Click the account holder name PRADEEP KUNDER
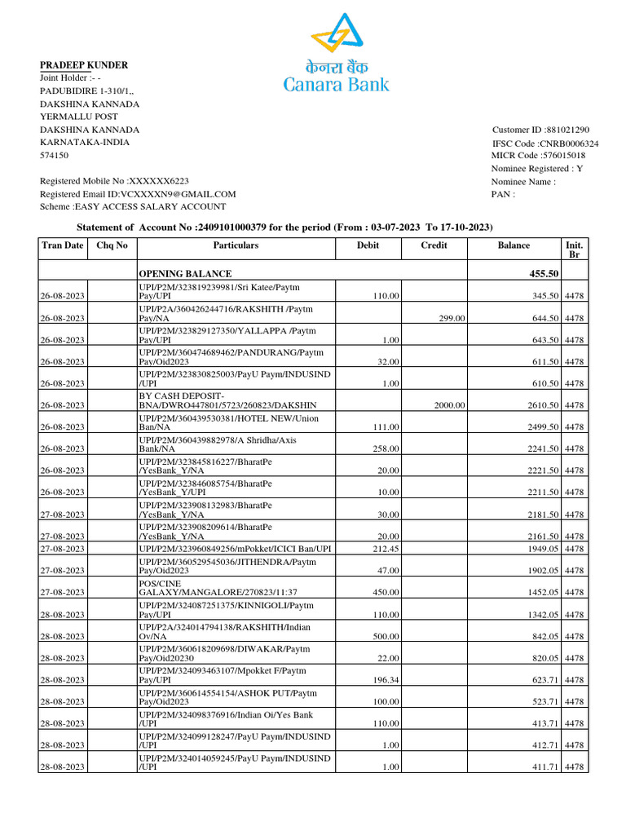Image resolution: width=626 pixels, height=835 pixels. point(84,64)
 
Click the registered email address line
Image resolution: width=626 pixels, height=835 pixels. point(138,194)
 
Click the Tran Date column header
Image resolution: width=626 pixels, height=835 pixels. point(62,245)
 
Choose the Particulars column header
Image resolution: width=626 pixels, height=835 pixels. point(236,245)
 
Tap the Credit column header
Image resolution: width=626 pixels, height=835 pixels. point(434,245)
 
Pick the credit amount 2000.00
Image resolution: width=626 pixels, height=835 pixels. point(449,405)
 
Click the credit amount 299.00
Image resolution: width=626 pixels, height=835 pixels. point(452,318)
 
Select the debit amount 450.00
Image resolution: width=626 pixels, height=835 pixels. point(386,593)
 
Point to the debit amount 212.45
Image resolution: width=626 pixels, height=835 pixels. point(386,549)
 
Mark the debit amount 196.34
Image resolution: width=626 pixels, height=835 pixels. point(386,680)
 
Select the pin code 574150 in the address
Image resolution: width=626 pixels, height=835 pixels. point(55,155)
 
